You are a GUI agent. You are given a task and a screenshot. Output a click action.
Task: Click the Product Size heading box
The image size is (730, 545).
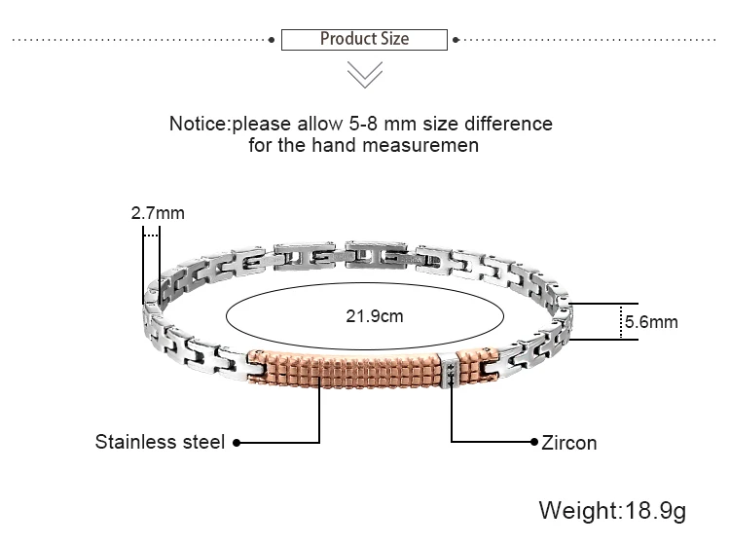[x=364, y=40]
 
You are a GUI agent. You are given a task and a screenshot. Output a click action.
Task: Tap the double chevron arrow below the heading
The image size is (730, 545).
[x=365, y=74]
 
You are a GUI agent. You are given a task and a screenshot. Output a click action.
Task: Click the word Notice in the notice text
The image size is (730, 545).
[x=199, y=125]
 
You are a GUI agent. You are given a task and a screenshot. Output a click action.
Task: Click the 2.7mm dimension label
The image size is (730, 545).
[x=158, y=212]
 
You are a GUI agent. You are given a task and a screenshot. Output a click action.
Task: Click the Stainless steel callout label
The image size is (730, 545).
[x=160, y=442]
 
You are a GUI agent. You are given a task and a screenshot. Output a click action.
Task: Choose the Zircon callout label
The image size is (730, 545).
[x=568, y=443]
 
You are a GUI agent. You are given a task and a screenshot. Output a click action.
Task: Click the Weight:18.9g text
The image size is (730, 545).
[x=613, y=510]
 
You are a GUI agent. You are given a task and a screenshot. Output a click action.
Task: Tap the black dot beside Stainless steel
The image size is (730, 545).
[x=237, y=442]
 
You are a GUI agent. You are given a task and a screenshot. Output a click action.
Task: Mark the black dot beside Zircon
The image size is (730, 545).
[x=532, y=442]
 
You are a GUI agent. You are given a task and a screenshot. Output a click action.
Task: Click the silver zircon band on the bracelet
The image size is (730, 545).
[x=450, y=369]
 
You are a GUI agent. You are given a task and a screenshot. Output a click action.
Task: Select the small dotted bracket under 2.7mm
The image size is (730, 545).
[x=151, y=234]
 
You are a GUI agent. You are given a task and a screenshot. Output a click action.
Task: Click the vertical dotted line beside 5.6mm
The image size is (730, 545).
[x=621, y=321]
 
